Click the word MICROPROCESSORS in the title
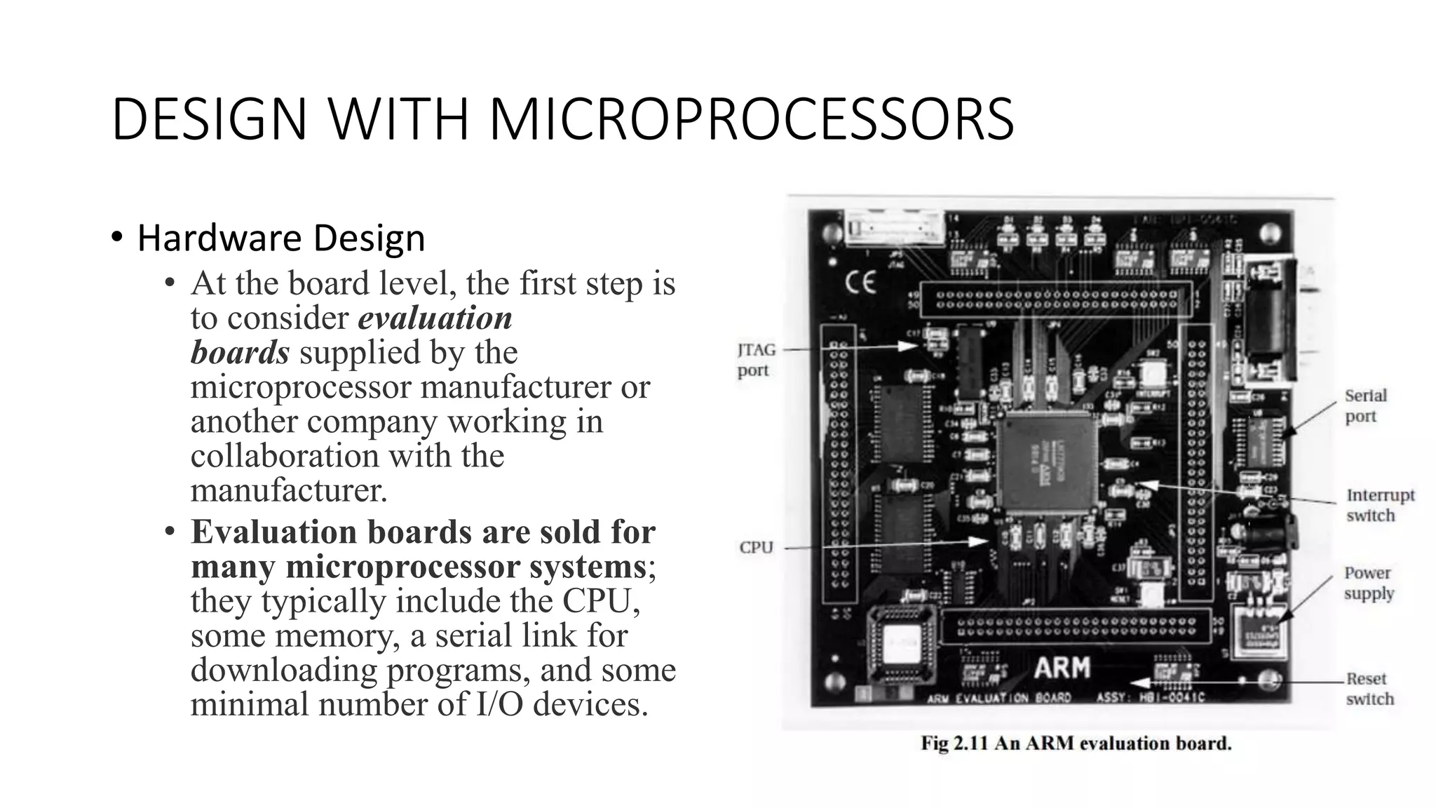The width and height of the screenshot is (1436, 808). pyautogui.click(x=751, y=119)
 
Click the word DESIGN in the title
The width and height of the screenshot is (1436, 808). pyautogui.click(x=209, y=119)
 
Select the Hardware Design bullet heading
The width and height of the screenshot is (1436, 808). pyautogui.click(x=280, y=238)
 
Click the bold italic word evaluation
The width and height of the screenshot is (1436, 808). pyautogui.click(x=435, y=318)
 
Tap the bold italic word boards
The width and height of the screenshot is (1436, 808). pyautogui.click(x=240, y=352)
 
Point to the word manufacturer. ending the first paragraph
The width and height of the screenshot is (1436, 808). pyautogui.click(x=288, y=490)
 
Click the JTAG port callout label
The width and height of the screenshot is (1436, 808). pyautogui.click(x=756, y=359)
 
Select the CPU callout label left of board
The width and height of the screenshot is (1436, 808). pyautogui.click(x=756, y=547)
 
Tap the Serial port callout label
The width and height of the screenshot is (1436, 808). pyautogui.click(x=1364, y=405)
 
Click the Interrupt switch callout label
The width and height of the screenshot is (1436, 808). pyautogui.click(x=1379, y=505)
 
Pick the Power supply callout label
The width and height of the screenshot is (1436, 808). pyautogui.click(x=1368, y=583)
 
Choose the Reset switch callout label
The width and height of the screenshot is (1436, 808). pyautogui.click(x=1368, y=689)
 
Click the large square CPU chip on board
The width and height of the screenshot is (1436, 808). pyautogui.click(x=1048, y=460)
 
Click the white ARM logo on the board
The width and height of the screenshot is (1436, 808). pyautogui.click(x=1062, y=668)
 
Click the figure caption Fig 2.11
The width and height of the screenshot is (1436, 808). pyautogui.click(x=1076, y=743)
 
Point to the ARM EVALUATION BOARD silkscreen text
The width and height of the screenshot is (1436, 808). pyautogui.click(x=998, y=698)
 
